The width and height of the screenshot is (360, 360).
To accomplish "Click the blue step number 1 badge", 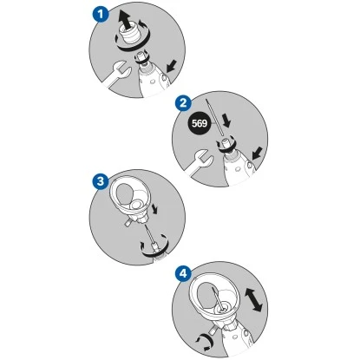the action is (101, 15).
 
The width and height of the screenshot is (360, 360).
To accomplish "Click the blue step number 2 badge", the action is (184, 103).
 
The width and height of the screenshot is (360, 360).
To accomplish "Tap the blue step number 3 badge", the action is (101, 182).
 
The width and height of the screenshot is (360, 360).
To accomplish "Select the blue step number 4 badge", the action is (184, 273).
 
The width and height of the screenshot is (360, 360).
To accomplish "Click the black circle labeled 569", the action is (200, 123).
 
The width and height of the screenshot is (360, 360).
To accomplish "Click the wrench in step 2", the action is (200, 162).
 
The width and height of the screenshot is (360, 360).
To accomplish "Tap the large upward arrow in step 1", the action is (125, 20).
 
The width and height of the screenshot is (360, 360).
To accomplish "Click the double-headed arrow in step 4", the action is (253, 299).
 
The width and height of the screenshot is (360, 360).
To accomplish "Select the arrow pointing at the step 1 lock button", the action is (172, 66).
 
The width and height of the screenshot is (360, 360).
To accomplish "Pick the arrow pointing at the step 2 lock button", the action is (258, 153).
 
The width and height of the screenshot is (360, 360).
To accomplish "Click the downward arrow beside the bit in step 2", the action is (226, 121).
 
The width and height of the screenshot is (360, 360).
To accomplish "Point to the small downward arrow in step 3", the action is (155, 208).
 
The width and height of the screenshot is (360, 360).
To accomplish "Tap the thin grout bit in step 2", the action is (214, 117).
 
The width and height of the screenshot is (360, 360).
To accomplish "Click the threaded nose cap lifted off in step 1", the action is (133, 36).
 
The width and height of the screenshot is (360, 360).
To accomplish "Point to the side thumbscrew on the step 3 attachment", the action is (128, 223).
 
